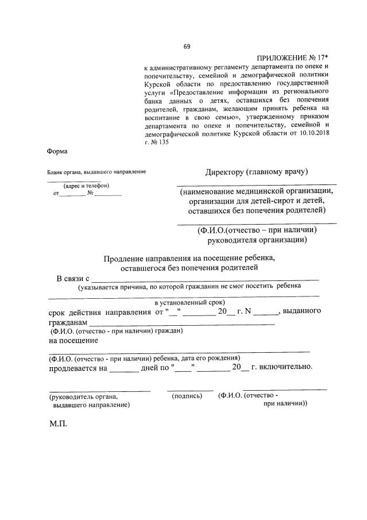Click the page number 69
point(187,47)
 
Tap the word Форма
point(57,152)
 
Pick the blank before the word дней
point(123,368)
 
